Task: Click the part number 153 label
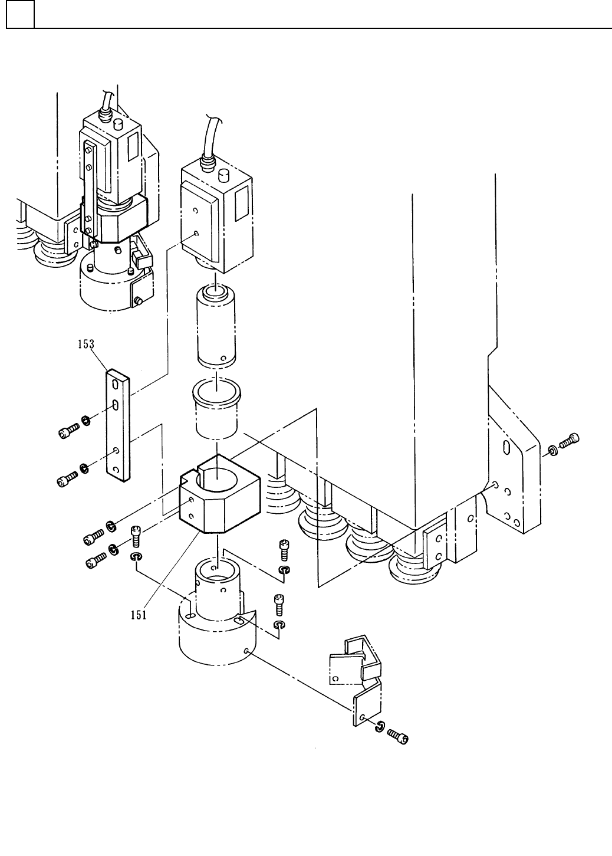click(x=86, y=345)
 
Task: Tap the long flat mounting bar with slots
click(x=118, y=425)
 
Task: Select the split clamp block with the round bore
click(x=220, y=494)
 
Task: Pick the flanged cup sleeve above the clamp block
click(x=217, y=409)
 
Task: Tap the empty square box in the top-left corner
click(x=20, y=14)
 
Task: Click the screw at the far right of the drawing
click(x=569, y=440)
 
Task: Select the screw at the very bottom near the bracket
click(x=398, y=736)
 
